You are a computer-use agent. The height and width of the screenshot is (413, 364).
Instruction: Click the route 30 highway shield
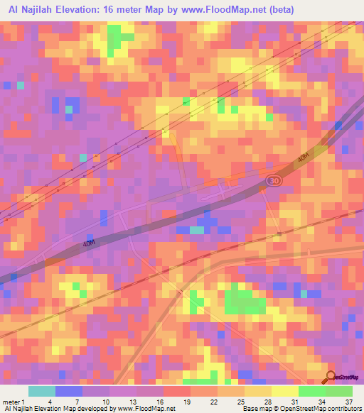click(x=274, y=182)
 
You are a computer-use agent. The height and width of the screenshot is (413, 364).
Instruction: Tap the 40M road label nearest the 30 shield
click(x=304, y=160)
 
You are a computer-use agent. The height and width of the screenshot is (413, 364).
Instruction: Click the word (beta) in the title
click(x=275, y=8)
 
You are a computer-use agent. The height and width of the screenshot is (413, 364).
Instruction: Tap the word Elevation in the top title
click(x=80, y=8)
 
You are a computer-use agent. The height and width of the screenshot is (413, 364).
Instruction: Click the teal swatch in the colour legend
click(x=42, y=391)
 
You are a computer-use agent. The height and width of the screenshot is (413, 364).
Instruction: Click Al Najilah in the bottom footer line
click(x=19, y=409)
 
